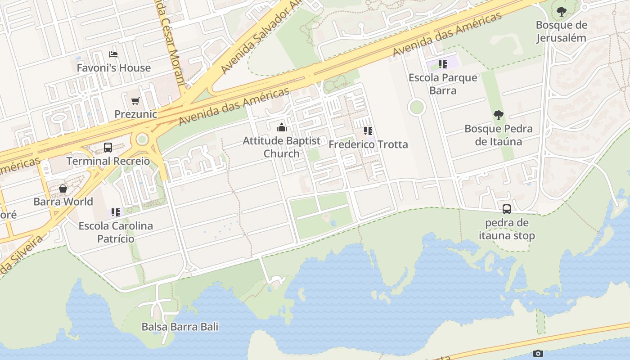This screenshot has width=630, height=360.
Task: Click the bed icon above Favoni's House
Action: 113,54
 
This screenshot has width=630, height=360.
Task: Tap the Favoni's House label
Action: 113,68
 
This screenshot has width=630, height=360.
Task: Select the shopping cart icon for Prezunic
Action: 135,101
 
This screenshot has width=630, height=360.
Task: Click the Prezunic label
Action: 135,114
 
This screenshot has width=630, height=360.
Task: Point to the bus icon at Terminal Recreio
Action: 108,148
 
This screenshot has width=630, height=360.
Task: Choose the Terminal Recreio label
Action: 108,161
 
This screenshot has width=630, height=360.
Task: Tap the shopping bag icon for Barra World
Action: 63,189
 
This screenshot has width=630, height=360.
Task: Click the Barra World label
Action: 63,202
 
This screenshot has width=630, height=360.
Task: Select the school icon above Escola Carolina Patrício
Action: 116,212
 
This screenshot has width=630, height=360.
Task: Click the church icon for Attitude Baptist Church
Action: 282,127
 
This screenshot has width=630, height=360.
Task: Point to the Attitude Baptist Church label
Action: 282,147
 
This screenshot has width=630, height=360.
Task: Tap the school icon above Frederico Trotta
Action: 368,131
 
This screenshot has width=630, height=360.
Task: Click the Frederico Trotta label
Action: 368,144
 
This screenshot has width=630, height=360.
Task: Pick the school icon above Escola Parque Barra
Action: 443,64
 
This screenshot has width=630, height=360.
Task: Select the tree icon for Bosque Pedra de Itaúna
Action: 498,115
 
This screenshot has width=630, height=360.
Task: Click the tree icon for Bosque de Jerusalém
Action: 561,12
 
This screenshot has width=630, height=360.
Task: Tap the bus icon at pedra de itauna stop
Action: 507,209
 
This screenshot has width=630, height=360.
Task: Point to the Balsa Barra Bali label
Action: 180,327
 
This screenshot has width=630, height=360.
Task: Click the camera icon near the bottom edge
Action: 538,354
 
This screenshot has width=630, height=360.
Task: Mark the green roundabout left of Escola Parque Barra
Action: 417,107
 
